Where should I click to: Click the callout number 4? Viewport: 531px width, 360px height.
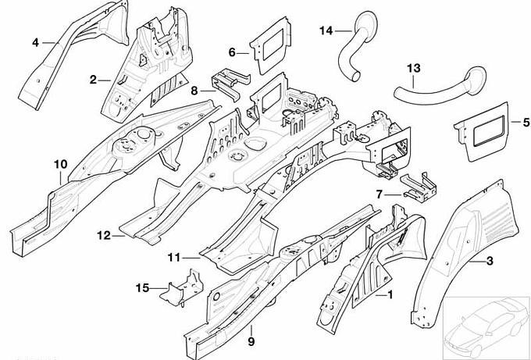point(35,42)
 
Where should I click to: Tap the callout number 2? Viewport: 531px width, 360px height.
point(93,79)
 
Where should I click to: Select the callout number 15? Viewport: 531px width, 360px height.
point(141,288)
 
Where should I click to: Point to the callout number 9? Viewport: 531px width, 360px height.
point(251,340)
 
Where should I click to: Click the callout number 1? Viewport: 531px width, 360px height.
point(390,294)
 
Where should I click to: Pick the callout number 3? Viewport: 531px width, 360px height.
point(489,260)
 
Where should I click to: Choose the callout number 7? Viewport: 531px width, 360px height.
point(378,194)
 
